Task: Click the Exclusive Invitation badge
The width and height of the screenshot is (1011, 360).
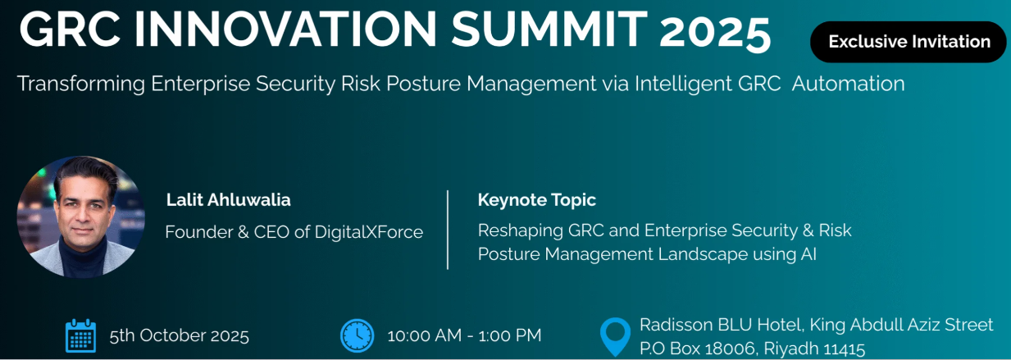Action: click(908, 42)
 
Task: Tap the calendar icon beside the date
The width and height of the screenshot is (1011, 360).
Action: click(81, 335)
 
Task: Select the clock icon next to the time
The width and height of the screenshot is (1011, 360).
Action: click(357, 335)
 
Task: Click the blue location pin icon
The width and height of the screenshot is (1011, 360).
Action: click(615, 337)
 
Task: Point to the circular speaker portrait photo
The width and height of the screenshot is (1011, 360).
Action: click(81, 217)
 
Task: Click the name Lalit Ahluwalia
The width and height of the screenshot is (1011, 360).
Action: click(229, 200)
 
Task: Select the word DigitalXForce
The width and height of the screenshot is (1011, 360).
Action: click(369, 232)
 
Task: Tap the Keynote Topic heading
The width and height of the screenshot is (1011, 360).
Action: click(536, 200)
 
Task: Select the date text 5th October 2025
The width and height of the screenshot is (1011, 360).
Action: click(180, 335)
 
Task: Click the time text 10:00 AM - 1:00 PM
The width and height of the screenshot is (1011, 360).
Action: click(464, 335)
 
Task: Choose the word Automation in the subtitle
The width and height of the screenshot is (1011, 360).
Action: click(849, 84)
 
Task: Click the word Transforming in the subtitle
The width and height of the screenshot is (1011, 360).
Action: click(81, 84)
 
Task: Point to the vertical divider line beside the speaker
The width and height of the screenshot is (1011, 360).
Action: click(448, 230)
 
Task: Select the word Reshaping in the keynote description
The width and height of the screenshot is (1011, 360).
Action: click(520, 231)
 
